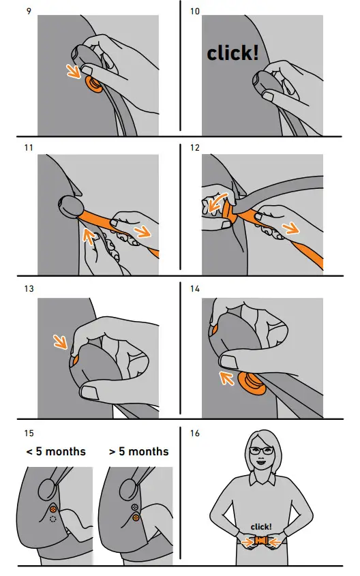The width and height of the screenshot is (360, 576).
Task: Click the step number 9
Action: (28, 11)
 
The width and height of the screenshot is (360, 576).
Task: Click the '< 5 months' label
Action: (57, 451)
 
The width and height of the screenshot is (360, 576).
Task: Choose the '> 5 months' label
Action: (138, 451)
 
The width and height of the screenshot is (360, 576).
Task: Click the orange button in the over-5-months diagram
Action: (136, 518)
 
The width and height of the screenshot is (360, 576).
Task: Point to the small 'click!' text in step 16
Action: (262, 527)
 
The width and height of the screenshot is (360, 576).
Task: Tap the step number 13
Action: (28, 289)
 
